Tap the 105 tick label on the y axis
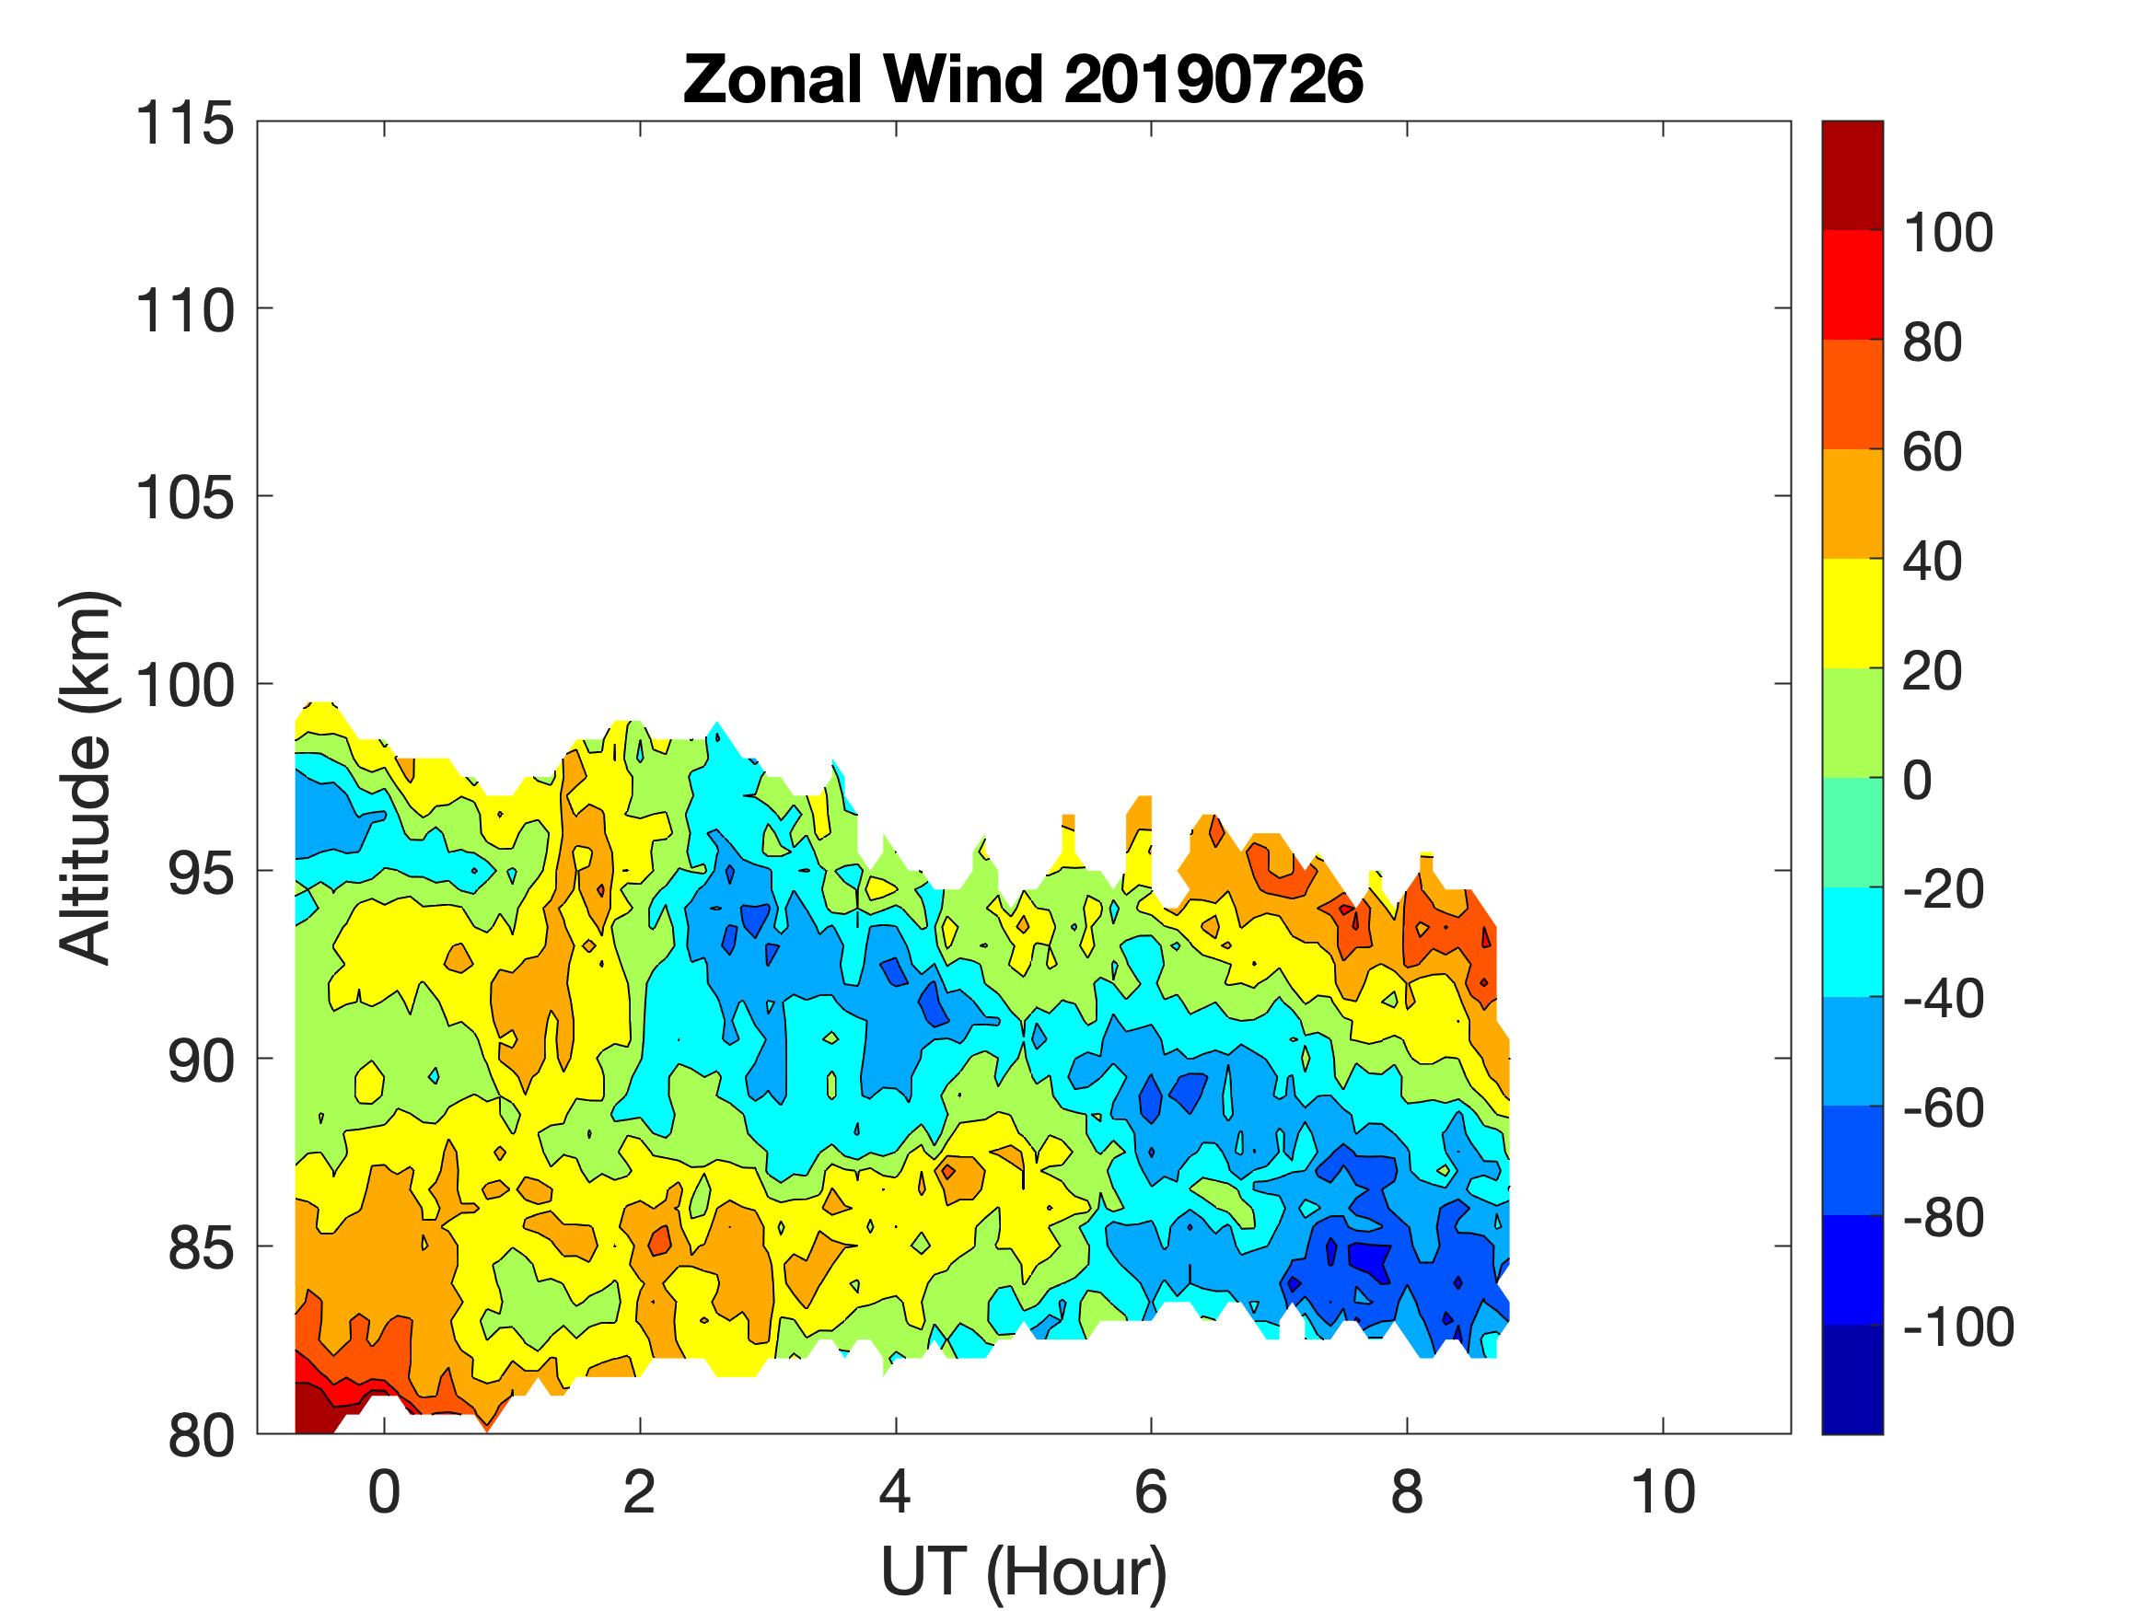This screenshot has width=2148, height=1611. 184,498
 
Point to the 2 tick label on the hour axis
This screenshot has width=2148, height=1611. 639,1491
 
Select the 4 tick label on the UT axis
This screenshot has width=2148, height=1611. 894,1491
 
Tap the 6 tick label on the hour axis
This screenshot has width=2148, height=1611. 1151,1491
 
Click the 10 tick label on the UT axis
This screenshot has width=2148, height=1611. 1664,1491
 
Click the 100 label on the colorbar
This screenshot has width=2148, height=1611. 1947,233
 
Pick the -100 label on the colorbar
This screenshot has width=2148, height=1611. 1957,1327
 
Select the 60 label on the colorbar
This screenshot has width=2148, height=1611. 1932,452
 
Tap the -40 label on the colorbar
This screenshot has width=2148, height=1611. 1942,998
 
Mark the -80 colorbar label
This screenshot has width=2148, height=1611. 1942,1217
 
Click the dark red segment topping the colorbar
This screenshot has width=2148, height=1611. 1852,175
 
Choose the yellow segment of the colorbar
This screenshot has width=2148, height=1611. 1852,613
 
